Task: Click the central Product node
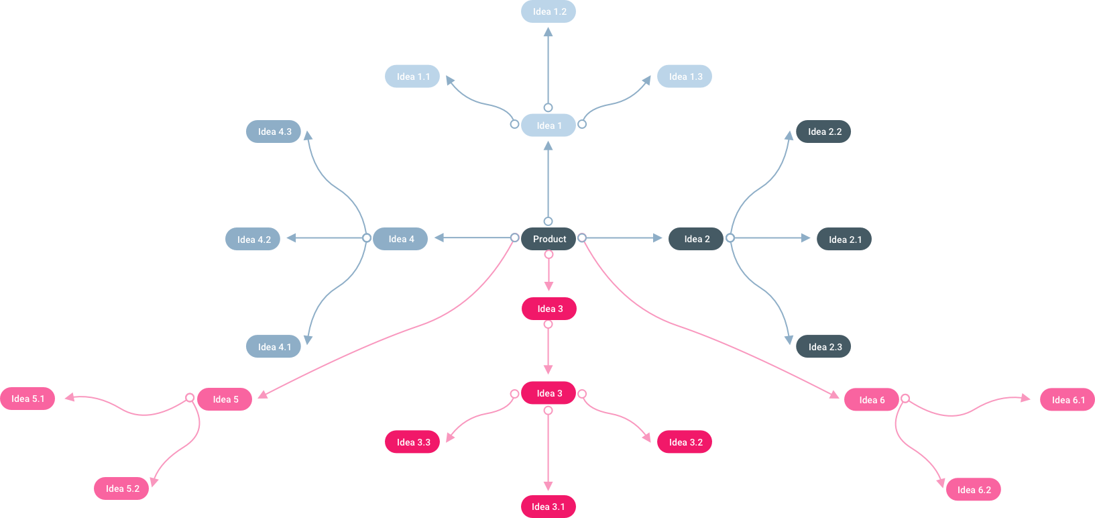click(x=549, y=239)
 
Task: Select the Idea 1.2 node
click(x=549, y=11)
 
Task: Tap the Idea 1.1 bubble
click(x=412, y=76)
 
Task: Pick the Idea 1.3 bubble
click(x=685, y=76)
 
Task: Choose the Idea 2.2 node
click(x=823, y=132)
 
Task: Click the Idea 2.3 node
click(x=823, y=347)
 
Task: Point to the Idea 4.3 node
click(x=274, y=132)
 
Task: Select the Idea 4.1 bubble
click(x=274, y=347)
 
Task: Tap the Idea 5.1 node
click(x=27, y=399)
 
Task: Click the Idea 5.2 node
click(x=122, y=488)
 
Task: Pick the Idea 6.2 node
click(x=974, y=490)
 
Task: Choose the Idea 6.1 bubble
click(x=1068, y=400)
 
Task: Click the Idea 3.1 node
click(x=549, y=507)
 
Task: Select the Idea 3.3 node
click(x=412, y=442)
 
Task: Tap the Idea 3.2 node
click(x=685, y=442)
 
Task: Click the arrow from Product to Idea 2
click(x=624, y=238)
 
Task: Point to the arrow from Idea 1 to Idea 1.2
click(x=549, y=67)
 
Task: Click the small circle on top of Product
click(x=549, y=221)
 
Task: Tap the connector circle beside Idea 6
click(x=905, y=399)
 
